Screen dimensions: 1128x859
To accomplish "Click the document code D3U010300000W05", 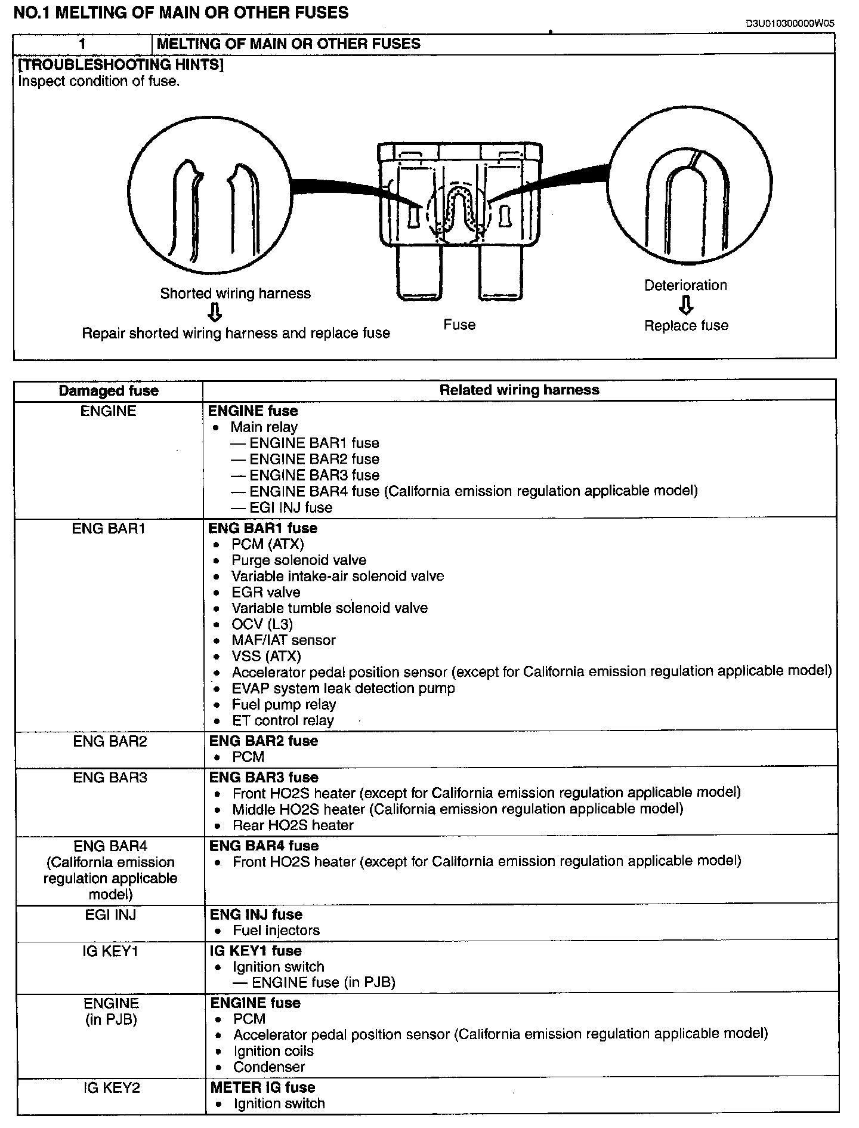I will point(790,24).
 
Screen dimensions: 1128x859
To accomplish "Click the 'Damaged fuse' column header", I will point(109,391).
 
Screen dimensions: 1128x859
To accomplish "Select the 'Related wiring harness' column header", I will point(519,390).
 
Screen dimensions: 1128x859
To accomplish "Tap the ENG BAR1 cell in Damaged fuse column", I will point(109,528).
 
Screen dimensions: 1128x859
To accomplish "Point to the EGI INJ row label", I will point(110,914).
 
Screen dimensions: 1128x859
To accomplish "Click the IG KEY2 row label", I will point(112,1087).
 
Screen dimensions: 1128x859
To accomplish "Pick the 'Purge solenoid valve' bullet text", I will point(299,560).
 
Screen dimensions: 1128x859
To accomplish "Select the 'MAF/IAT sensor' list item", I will point(283,640).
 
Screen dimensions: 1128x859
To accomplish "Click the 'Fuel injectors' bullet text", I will point(276,930).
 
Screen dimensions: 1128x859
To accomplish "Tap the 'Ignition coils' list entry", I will point(273,1051).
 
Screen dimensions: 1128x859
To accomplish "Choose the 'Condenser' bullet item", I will point(269,1067).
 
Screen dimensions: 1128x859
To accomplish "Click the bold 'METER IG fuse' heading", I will point(262,1087).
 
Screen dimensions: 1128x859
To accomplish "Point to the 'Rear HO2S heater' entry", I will point(293,825).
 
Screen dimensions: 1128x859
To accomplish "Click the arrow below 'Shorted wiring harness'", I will point(215,312).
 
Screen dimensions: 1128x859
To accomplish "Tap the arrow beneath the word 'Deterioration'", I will point(686,305).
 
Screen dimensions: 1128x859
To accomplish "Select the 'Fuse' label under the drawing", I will point(459,325).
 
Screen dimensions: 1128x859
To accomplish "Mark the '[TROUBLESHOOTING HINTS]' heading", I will point(120,64).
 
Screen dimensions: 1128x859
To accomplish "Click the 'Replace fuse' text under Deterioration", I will point(686,325).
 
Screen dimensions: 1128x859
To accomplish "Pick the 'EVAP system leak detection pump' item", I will point(343,688).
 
